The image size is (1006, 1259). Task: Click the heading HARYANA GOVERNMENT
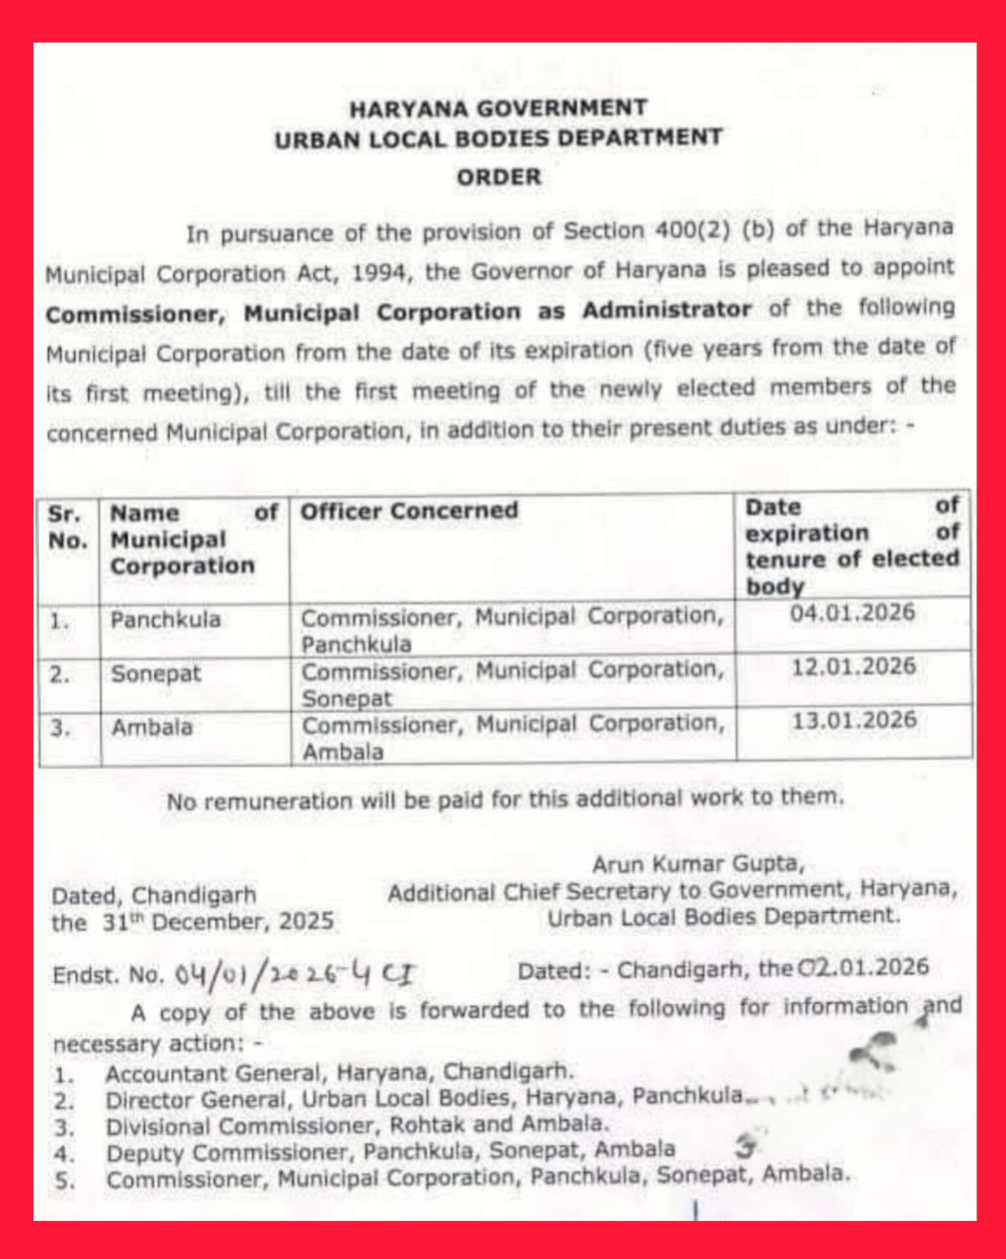pos(498,108)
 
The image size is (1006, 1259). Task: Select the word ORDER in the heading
pos(499,177)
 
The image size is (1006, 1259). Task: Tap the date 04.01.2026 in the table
pos(852,613)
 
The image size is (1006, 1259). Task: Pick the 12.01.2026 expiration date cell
pos(853,667)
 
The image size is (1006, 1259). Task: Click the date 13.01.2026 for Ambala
pos(854,721)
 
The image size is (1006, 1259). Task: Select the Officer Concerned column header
pos(409,511)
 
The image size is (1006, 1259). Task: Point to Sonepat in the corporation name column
pos(156,674)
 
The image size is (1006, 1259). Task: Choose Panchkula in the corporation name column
pos(165,620)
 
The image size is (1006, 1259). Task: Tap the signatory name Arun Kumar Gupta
pos(698,864)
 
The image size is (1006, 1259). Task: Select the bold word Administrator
pos(667,310)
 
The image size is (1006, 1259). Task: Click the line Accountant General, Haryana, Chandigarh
pos(339,1073)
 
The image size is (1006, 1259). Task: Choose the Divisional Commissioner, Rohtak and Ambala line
pos(357,1125)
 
